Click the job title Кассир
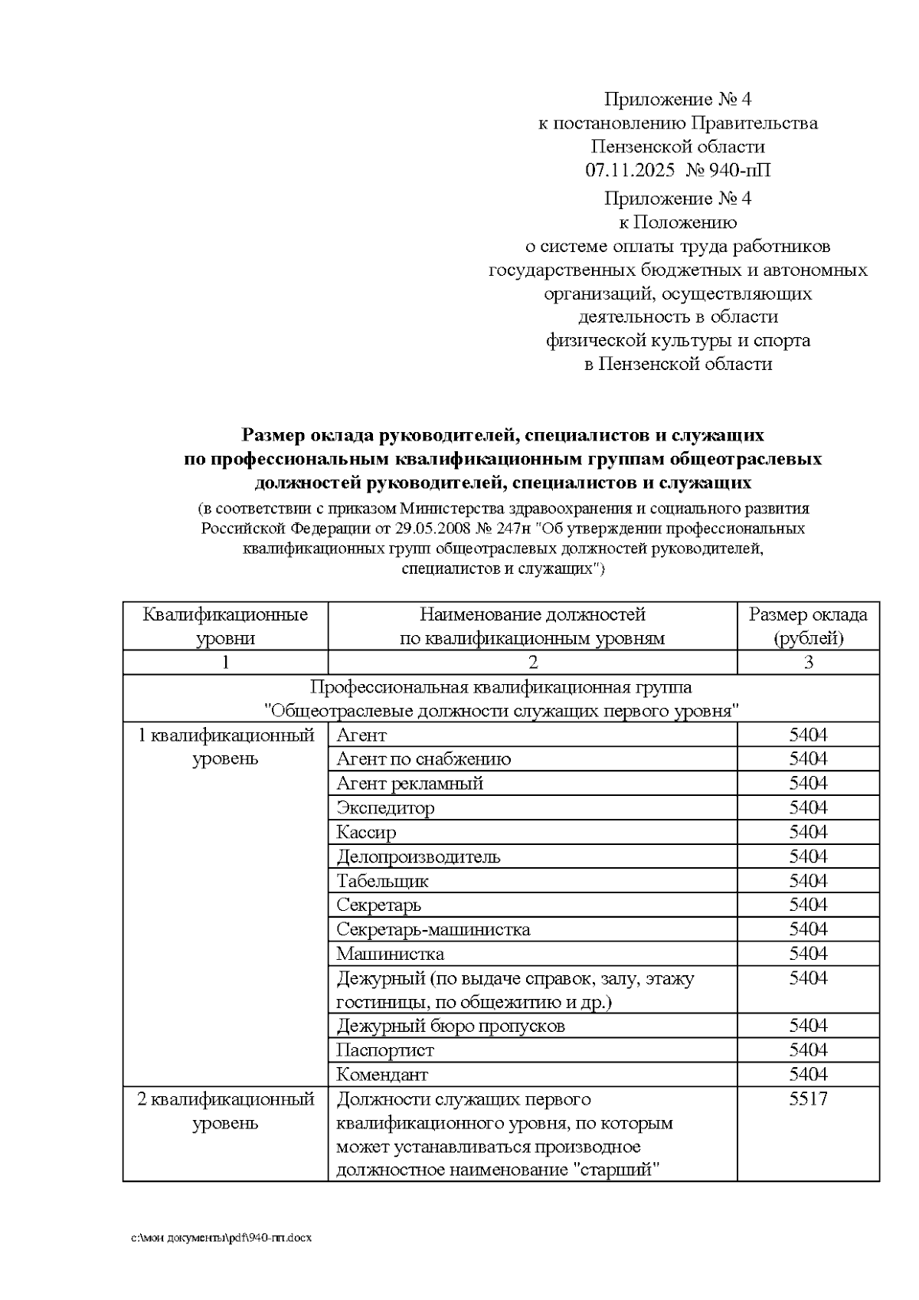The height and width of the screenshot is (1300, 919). [366, 832]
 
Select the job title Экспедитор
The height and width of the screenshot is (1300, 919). [385, 807]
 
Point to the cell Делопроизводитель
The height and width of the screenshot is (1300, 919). [418, 856]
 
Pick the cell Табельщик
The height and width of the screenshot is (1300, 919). [382, 881]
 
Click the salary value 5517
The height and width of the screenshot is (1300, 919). [808, 1099]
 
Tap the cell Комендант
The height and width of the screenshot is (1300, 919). [382, 1074]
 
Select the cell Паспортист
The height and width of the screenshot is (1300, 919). [385, 1049]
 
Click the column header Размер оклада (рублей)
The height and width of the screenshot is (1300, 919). [808, 626]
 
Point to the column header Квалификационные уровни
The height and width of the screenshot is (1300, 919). [225, 626]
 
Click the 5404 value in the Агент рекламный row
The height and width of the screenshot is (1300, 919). [808, 783]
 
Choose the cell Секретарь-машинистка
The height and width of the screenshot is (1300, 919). [433, 929]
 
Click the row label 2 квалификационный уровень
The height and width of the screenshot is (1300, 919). [225, 1111]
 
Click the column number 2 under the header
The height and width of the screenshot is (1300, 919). [533, 663]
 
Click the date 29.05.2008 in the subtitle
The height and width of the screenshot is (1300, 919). [434, 529]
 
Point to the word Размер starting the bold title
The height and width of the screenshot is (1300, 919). [273, 436]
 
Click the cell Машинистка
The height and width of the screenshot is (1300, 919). [390, 954]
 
